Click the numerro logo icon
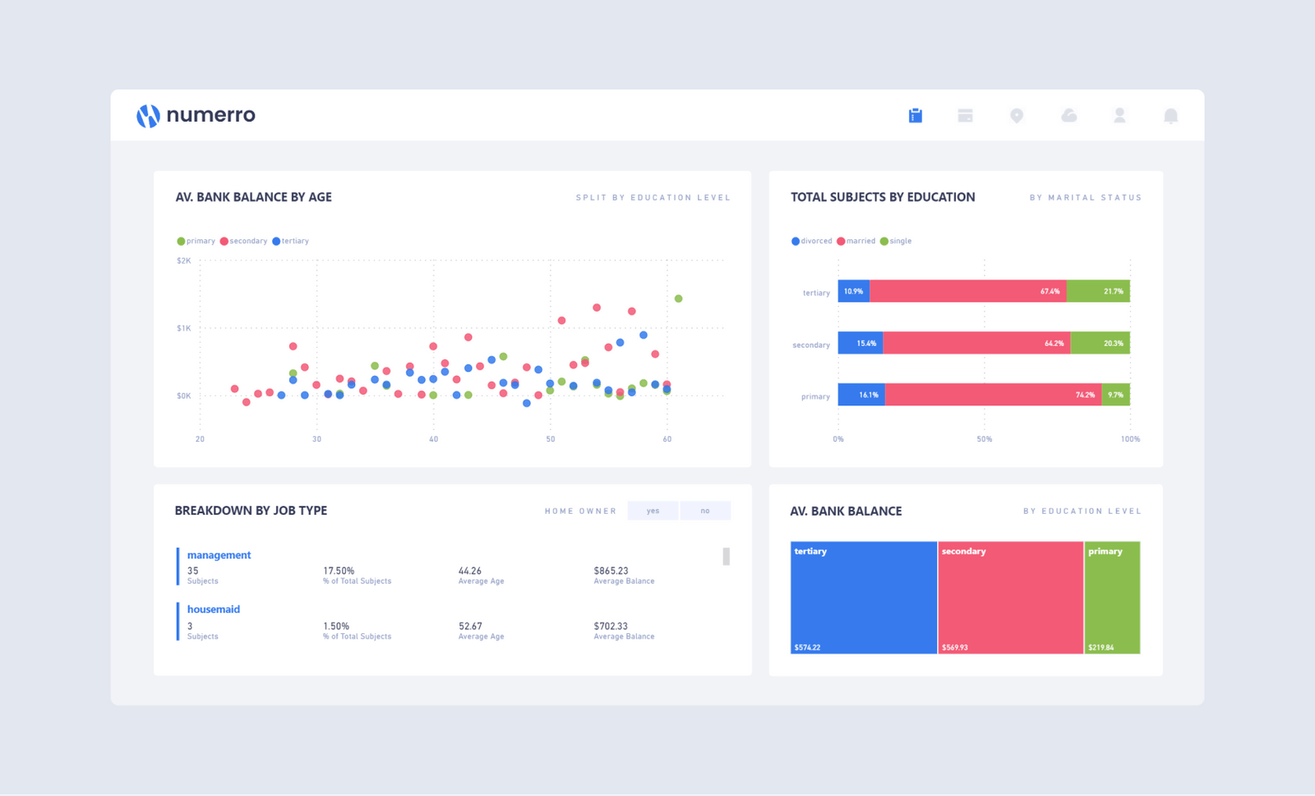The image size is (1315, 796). [148, 116]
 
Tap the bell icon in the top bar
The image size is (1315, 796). [1170, 116]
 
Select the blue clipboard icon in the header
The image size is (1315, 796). [915, 116]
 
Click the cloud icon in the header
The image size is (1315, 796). [1068, 116]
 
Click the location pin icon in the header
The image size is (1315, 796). [1017, 116]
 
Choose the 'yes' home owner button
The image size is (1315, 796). [653, 511]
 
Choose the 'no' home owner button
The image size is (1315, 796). [705, 511]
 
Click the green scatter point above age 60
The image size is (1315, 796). [678, 298]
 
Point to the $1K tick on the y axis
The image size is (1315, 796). [184, 328]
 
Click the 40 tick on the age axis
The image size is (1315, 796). [433, 439]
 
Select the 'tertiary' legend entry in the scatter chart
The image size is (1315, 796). [291, 241]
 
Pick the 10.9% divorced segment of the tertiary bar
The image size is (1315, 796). [853, 291]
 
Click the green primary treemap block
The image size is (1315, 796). [1112, 598]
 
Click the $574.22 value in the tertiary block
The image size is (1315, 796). [807, 647]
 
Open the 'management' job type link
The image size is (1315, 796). [219, 555]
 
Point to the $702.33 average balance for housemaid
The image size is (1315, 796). [611, 626]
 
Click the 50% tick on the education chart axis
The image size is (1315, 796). [984, 439]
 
